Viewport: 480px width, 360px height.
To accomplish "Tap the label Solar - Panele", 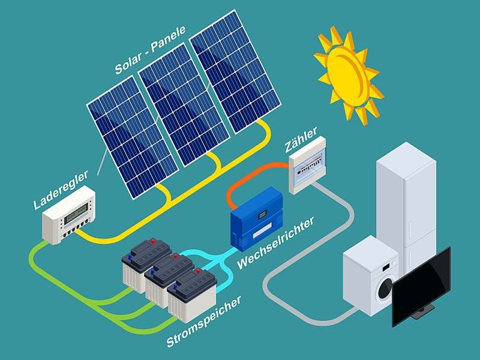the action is point(151,50).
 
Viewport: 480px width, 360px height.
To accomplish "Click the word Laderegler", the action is point(61,190).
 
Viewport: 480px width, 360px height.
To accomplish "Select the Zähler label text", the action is point(301,140).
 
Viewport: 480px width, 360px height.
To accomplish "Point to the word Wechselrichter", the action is point(275,243).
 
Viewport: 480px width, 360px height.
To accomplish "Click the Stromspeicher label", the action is point(204,322).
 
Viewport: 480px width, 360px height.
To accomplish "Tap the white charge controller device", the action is point(68,215).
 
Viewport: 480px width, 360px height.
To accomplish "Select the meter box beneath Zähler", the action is point(307,166).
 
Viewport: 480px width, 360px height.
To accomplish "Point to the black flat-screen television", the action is point(421,287).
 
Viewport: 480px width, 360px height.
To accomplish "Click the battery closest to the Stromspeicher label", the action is point(192,295).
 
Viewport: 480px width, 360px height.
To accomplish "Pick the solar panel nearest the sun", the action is point(235,71).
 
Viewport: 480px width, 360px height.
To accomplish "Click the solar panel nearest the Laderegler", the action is point(132,137).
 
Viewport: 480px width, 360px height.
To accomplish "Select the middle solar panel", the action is point(184,104).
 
